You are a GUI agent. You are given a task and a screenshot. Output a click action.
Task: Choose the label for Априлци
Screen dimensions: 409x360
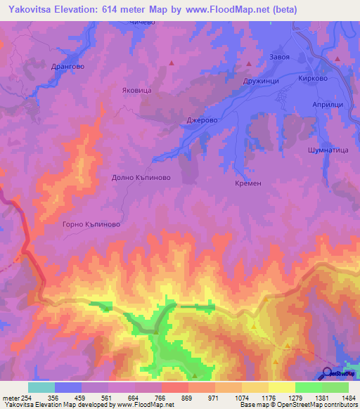[328, 103]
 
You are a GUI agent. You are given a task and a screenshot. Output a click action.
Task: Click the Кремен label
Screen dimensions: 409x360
[248, 183]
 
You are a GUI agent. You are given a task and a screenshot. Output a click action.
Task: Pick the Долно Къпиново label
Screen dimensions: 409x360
[142, 178]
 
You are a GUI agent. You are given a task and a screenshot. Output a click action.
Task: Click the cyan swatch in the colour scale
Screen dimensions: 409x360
[41, 387]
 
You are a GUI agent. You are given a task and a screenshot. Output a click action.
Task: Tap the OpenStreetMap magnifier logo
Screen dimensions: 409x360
[328, 372]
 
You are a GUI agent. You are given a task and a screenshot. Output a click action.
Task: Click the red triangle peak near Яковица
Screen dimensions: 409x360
[171, 63]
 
